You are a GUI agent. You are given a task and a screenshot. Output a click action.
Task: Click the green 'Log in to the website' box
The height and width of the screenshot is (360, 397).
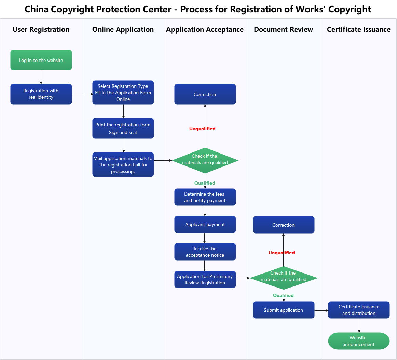point(41,60)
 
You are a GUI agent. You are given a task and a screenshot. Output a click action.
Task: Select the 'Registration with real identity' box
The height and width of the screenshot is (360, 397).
point(41,94)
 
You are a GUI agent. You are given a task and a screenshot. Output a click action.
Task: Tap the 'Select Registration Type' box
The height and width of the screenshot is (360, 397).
point(123,93)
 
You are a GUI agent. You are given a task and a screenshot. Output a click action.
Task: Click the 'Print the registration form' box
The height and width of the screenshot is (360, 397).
point(123,129)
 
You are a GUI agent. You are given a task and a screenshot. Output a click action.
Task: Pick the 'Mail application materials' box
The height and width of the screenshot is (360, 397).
point(123,165)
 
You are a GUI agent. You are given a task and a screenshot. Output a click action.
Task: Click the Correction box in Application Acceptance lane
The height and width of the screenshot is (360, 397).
point(205,94)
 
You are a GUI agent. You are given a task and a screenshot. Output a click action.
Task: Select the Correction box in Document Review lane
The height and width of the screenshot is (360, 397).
point(284,225)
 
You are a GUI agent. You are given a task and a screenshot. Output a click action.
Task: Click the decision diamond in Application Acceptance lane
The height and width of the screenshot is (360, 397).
point(205,160)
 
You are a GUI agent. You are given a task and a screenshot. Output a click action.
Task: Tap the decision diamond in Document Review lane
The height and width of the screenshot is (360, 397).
point(284,278)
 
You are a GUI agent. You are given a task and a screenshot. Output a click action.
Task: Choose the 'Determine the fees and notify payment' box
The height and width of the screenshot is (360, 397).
point(205,197)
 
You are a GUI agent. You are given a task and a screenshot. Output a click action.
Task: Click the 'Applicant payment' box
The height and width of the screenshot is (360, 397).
point(205,225)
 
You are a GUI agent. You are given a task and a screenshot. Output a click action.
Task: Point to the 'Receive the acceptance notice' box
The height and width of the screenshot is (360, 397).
point(205,252)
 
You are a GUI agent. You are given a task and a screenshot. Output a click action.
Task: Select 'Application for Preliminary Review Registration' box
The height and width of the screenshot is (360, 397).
point(205,280)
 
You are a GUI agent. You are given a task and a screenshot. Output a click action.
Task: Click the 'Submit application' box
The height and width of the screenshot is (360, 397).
point(284,310)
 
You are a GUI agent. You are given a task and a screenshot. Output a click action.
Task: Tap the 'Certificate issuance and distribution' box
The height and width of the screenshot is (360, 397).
point(359,310)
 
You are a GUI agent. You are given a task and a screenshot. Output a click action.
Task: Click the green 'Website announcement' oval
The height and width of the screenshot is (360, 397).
point(359,341)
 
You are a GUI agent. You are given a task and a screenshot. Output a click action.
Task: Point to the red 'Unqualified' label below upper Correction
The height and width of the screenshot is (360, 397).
point(202,129)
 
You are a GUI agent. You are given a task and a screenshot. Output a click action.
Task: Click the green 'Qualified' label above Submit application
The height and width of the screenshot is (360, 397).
point(283,295)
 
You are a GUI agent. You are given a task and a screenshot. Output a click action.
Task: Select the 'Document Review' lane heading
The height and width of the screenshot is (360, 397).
point(283,30)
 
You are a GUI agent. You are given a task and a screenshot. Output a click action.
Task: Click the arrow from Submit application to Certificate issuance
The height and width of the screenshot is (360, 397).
point(321,310)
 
